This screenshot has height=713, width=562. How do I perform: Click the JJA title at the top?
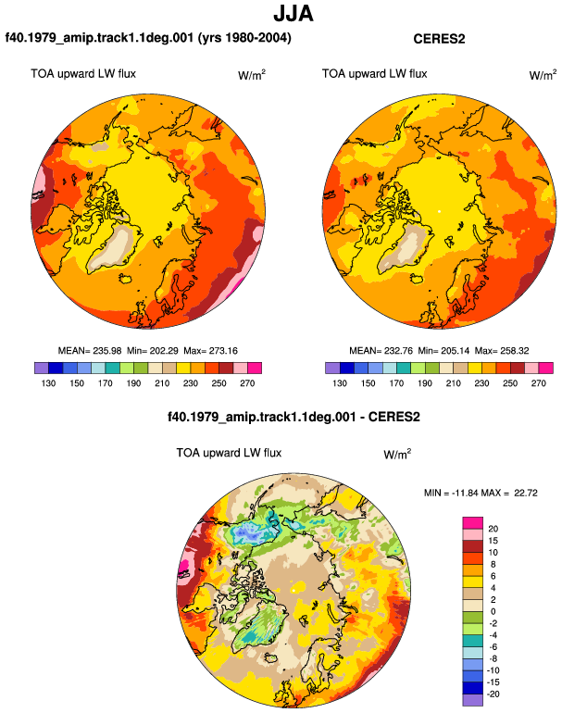pos(293,14)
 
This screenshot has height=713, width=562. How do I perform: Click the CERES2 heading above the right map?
pos(439,39)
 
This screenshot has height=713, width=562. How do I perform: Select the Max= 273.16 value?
pos(210,351)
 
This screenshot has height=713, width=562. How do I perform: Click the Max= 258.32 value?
pos(502,351)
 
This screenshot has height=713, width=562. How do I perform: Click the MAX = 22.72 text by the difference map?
pos(509,493)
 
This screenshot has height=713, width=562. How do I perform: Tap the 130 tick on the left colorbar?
pos(48,383)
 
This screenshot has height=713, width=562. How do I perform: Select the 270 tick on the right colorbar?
pos(538,383)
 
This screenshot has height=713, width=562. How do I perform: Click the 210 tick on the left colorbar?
pos(162,383)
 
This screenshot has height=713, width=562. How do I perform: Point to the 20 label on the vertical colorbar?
pos(493,529)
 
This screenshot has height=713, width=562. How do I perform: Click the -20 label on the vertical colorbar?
pos(493,694)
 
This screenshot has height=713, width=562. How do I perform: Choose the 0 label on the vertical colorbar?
pos(493,611)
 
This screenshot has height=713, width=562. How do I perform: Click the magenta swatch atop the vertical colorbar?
pos(473,523)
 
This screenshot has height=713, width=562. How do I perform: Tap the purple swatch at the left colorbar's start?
pos(42,368)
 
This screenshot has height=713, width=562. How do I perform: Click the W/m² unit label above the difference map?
pos(397,454)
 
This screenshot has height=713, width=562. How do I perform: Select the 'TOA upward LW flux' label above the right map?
pos(375,74)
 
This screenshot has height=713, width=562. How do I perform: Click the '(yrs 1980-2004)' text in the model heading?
pos(244,38)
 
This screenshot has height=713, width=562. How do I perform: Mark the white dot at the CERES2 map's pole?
pos(439,211)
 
